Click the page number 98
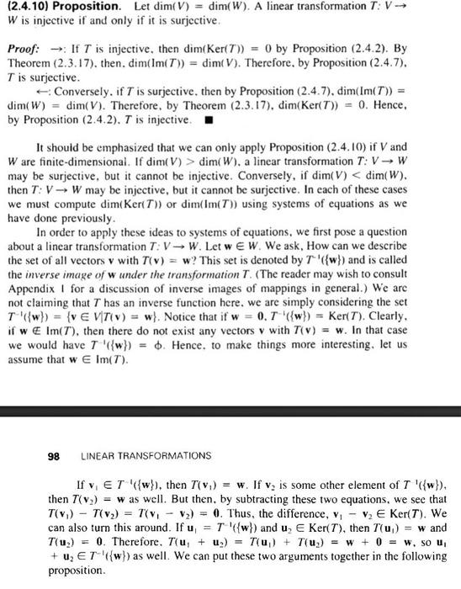tap(54, 455)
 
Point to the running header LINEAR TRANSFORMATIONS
tap(147, 455)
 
